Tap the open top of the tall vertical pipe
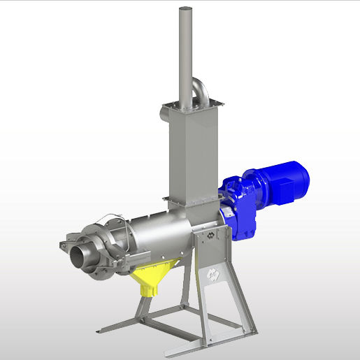pyautogui.click(x=185, y=9)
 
